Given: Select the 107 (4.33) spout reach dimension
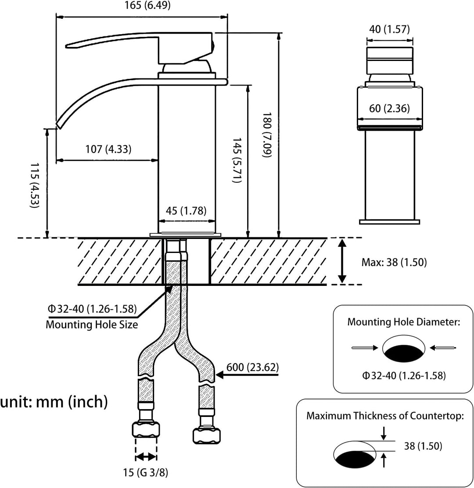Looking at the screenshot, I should [x=108, y=149].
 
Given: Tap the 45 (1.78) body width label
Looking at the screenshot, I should [x=186, y=211].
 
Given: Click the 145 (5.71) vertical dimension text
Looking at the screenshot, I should [x=237, y=160].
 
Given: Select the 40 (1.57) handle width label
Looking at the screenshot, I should [x=389, y=29].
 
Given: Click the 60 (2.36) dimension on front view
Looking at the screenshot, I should [x=389, y=108].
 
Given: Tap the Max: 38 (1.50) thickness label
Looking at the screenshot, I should [x=394, y=262].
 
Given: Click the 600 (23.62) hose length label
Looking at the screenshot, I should [x=252, y=367].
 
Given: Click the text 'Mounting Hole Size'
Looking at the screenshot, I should [x=92, y=325].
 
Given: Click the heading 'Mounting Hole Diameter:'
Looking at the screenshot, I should [x=403, y=322].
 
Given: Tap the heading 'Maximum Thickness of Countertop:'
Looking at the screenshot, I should [x=385, y=416].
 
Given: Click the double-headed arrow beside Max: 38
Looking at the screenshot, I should [x=342, y=261].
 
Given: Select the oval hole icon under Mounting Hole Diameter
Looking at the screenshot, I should [x=404, y=349].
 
